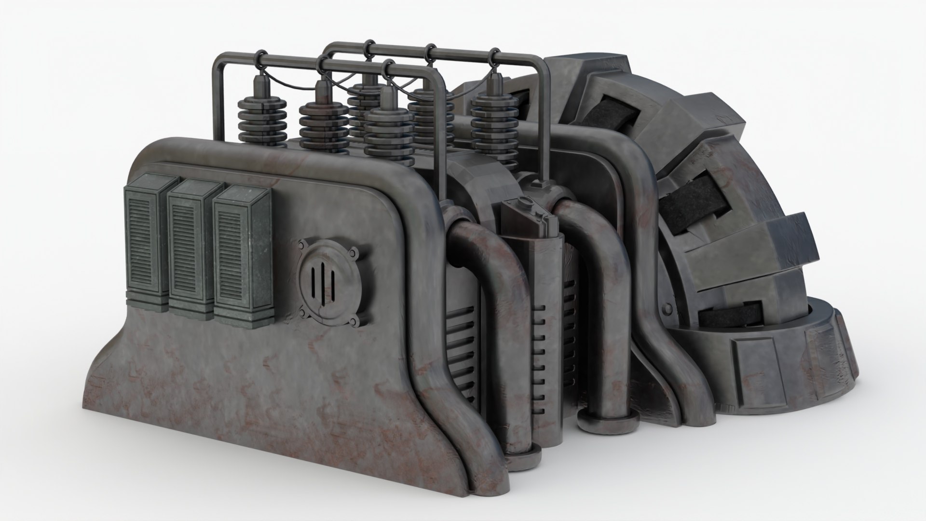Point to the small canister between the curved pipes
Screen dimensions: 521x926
tap(530, 222)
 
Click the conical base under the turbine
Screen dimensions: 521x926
tap(791, 357)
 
